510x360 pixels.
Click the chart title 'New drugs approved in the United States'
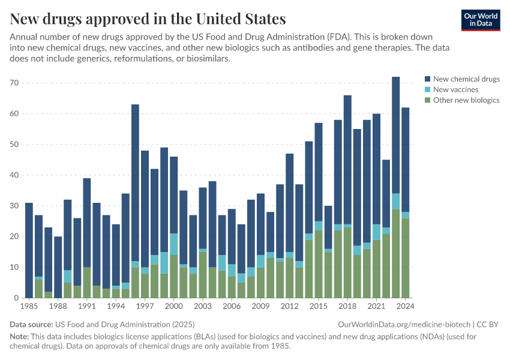[x=148, y=18]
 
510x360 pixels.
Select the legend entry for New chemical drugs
[x=466, y=79]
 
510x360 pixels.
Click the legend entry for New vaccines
[x=455, y=89]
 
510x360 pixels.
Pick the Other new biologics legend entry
[x=466, y=100]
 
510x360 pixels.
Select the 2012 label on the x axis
[x=289, y=306]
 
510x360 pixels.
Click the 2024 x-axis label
[x=405, y=306]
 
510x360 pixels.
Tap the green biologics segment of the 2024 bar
[x=405, y=258]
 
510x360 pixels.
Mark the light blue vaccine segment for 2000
[x=173, y=244]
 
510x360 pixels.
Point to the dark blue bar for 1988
[x=58, y=267]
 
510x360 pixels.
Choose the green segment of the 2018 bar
[x=347, y=263]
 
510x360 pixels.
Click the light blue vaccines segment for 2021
[x=376, y=232]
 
